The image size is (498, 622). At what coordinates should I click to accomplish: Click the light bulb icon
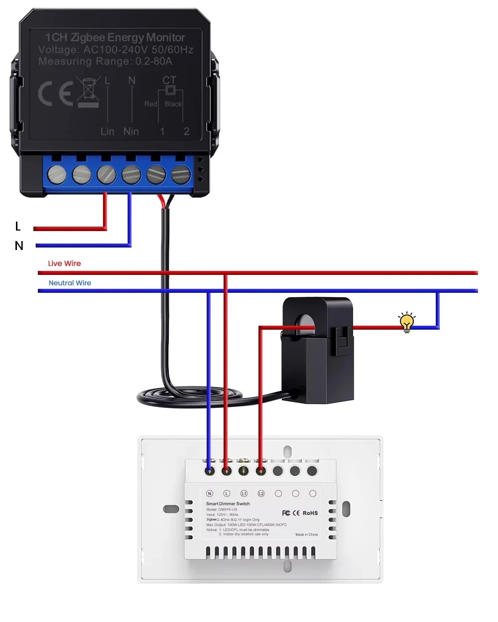407,322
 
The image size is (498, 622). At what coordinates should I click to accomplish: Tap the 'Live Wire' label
64,263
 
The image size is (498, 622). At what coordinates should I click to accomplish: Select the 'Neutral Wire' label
70,283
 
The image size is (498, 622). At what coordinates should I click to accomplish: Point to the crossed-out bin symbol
89,92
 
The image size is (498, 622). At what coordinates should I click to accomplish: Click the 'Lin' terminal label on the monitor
108,131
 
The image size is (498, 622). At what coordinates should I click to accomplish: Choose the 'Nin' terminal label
131,131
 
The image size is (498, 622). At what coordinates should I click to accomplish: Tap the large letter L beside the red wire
18,227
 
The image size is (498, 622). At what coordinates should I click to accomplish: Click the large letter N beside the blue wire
19,246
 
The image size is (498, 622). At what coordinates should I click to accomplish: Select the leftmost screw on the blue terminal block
57,174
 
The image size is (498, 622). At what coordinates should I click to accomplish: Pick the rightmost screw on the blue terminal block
181,174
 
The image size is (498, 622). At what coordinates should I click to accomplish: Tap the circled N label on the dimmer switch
210,494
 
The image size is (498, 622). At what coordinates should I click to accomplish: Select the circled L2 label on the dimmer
261,494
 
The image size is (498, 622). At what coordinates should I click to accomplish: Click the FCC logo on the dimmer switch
286,513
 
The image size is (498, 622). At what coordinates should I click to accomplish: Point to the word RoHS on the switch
310,513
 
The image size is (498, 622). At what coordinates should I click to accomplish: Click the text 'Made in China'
306,534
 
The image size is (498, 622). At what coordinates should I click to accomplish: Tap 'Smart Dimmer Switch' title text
228,503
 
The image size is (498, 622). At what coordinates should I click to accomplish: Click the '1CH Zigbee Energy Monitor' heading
115,37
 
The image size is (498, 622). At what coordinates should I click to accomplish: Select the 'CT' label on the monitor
169,80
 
